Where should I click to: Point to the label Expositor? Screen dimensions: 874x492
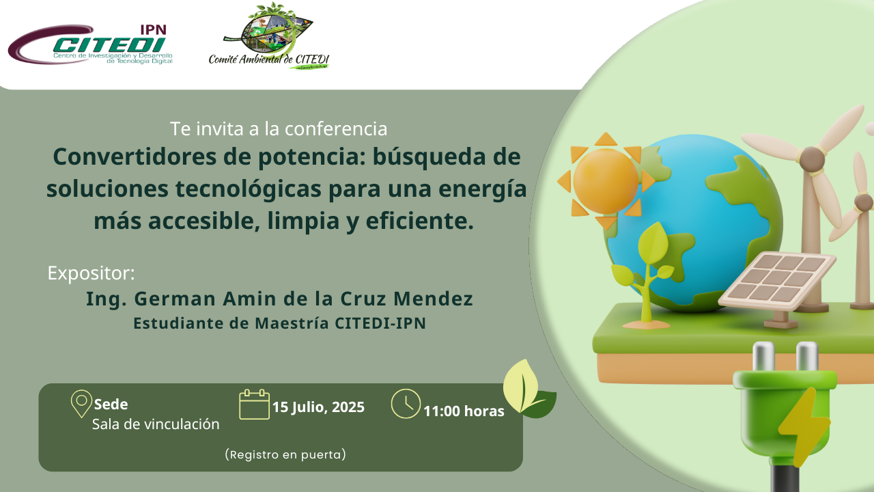91,273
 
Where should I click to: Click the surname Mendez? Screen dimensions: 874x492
433,299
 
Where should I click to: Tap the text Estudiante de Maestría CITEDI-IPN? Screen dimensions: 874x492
279,323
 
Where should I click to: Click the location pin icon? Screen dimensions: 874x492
81,404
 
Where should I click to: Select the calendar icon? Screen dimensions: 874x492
254,404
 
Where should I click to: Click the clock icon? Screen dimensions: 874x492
406,404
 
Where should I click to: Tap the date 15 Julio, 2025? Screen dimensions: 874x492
318,407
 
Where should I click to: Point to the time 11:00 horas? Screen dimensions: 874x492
464,411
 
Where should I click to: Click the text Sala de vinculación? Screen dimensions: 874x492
156,424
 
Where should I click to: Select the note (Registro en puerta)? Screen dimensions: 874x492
285,454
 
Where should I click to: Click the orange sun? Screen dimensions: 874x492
606,181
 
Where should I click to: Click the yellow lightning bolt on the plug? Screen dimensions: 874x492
803,426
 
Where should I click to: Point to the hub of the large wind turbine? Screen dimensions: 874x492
813,159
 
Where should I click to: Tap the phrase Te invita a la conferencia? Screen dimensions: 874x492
279,128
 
